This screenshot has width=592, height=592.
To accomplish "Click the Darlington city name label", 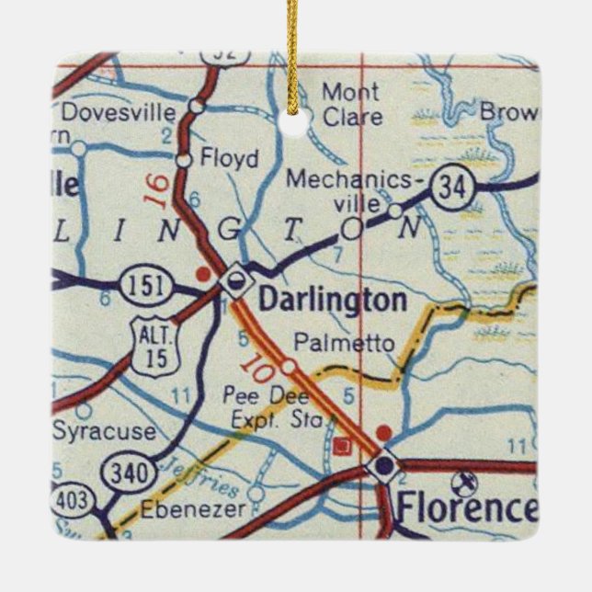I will (x=332, y=301).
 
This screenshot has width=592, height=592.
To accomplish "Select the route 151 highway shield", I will (x=147, y=286).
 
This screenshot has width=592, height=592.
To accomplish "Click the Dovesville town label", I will (x=117, y=113).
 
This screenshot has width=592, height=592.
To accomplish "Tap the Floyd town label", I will (x=229, y=158).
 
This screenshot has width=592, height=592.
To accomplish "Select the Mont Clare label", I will (x=349, y=104).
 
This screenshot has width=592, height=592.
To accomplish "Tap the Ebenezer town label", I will (x=195, y=508).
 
